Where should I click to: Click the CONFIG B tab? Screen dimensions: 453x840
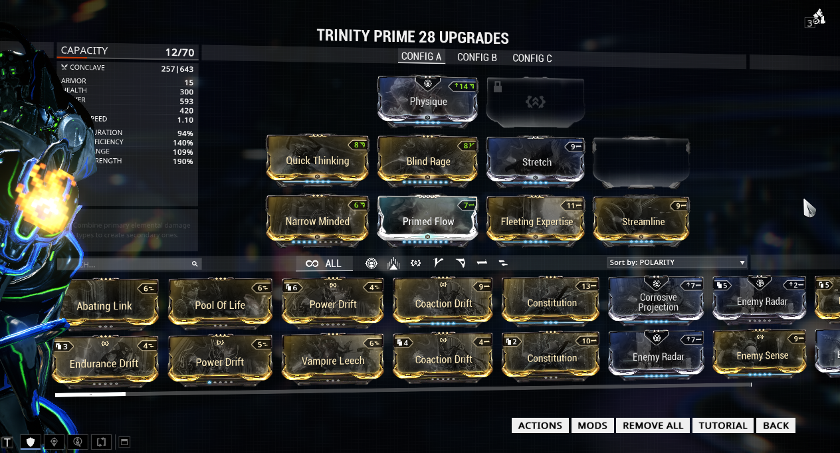pyautogui.click(x=476, y=58)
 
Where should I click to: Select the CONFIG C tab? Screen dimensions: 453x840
pyautogui.click(x=532, y=58)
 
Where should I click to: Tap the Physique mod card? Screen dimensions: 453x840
pyautogui.click(x=428, y=101)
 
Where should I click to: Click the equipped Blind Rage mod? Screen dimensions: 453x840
pyautogui.click(x=428, y=160)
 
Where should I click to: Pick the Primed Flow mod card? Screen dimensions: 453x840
pyautogui.click(x=428, y=221)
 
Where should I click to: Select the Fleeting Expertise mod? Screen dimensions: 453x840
pyautogui.click(x=536, y=221)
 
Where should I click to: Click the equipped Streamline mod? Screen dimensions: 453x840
pyautogui.click(x=643, y=221)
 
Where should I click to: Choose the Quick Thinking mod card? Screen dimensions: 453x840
pyautogui.click(x=317, y=160)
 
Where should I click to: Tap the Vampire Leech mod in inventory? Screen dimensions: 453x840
pyautogui.click(x=333, y=360)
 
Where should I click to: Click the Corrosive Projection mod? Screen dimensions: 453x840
pyautogui.click(x=658, y=302)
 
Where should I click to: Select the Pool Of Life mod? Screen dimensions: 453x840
pyautogui.click(x=220, y=305)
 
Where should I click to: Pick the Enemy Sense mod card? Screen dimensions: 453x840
pyautogui.click(x=762, y=355)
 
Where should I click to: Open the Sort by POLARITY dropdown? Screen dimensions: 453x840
pyautogui.click(x=677, y=262)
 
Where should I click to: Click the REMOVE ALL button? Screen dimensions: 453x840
pyautogui.click(x=653, y=426)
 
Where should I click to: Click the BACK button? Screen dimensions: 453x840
pyautogui.click(x=776, y=426)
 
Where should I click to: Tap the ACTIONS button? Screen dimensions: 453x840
pyautogui.click(x=540, y=426)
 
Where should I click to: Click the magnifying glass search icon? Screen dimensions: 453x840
pyautogui.click(x=195, y=264)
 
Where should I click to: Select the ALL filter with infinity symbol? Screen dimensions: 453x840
pyautogui.click(x=324, y=264)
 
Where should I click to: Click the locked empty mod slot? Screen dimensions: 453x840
pyautogui.click(x=535, y=101)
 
